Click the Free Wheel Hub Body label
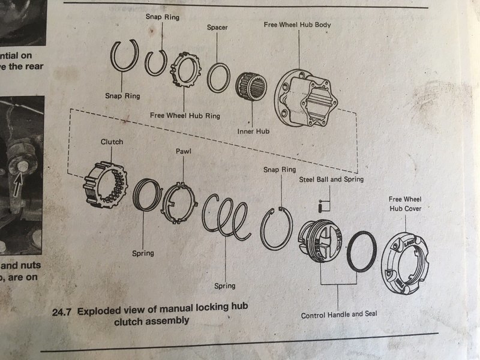297,25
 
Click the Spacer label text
217,28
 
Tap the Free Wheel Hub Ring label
184,115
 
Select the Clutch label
112,142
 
